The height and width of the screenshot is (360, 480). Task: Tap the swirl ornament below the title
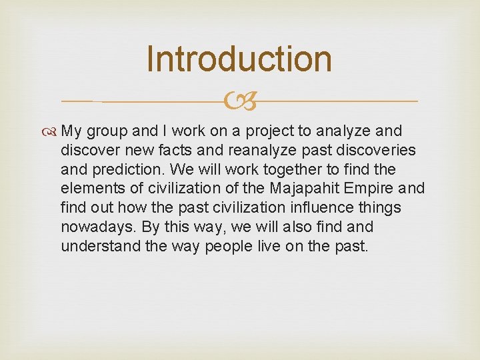point(239,101)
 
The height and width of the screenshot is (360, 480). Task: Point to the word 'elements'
point(88,188)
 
